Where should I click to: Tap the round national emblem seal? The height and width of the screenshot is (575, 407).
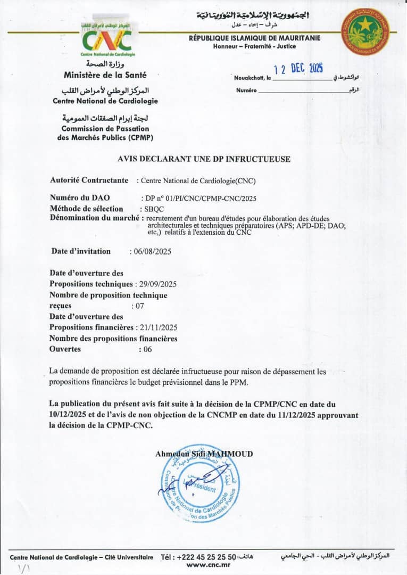click(365, 31)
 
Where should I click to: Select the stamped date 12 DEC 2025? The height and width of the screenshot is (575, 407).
click(298, 69)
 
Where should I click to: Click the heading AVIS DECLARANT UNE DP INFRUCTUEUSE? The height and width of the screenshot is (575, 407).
click(204, 159)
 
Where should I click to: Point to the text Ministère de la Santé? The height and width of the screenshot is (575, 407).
click(105, 75)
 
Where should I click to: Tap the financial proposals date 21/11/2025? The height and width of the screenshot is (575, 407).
click(158, 327)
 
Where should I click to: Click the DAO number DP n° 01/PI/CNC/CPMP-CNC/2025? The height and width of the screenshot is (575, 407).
click(201, 198)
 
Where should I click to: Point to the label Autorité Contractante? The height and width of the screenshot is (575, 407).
click(89, 180)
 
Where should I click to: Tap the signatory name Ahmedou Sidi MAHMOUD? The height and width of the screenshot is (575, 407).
click(204, 454)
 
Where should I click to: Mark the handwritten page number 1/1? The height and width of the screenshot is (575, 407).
click(24, 568)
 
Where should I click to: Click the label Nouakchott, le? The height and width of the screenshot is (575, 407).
click(253, 78)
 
